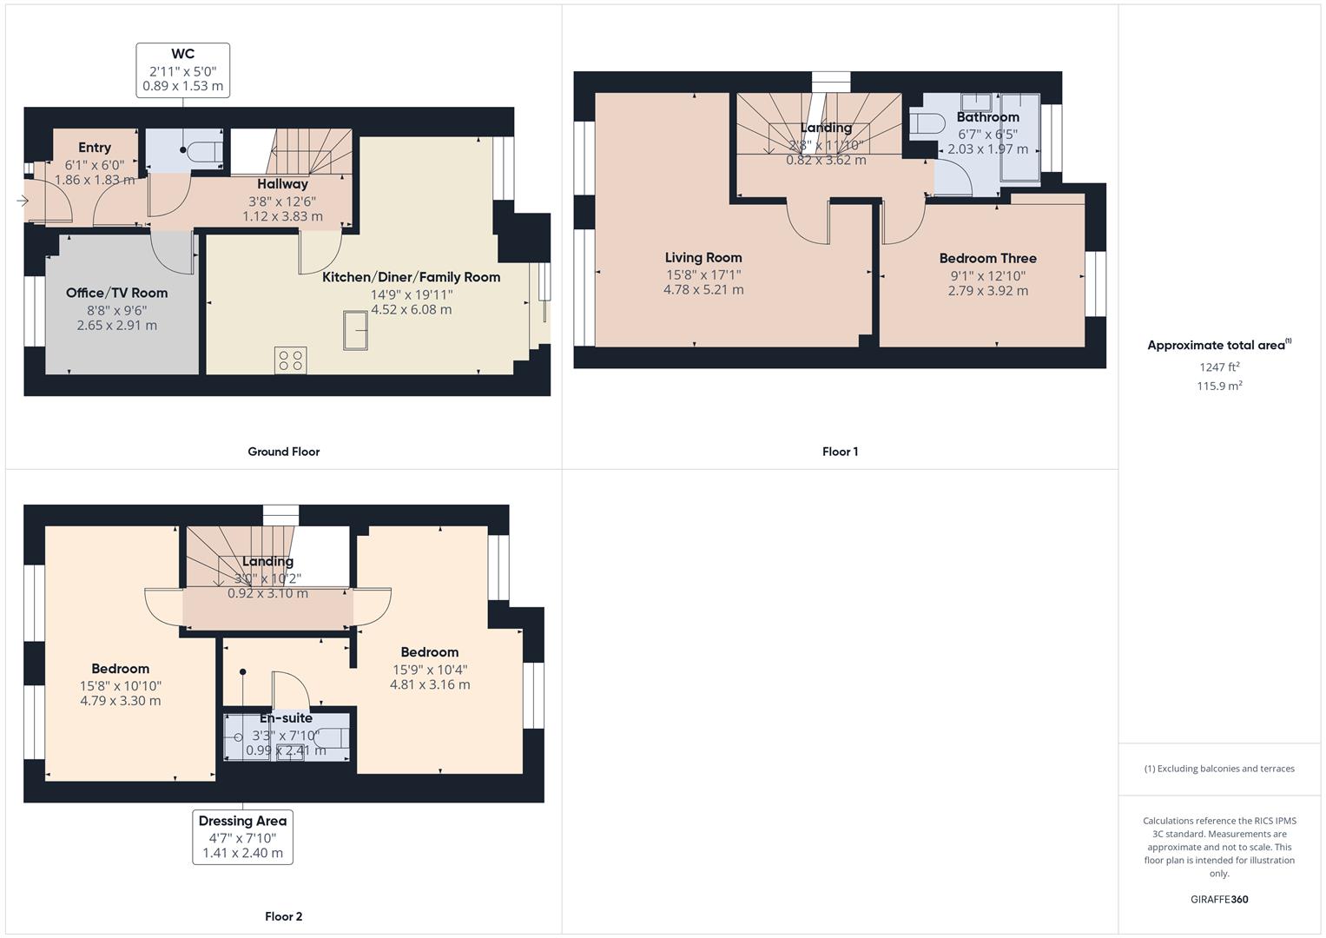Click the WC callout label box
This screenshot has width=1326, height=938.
[182, 70]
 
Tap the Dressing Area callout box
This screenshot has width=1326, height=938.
[242, 837]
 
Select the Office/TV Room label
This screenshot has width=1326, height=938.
[116, 293]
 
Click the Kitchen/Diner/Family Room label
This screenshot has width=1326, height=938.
[411, 277]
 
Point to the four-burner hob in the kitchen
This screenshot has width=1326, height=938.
[290, 360]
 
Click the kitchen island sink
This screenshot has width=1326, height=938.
[355, 331]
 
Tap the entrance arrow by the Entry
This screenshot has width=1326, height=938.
[22, 201]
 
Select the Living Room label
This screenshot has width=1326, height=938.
[703, 257]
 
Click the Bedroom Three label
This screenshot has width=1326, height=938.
[987, 258]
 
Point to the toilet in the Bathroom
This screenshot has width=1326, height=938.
[927, 123]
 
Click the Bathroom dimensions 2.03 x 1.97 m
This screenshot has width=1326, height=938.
[987, 149]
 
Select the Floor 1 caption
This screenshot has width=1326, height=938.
[840, 452]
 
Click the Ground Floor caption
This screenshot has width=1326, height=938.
[283, 452]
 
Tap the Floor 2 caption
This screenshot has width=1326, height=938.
[283, 916]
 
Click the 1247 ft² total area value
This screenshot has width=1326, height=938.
[1219, 367]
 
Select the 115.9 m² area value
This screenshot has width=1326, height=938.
[1219, 386]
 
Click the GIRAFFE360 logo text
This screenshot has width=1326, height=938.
[1219, 899]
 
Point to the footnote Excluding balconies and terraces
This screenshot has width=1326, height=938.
[1219, 769]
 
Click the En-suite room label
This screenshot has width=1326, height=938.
[286, 718]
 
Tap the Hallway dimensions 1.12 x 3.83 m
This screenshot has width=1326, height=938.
[282, 216]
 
